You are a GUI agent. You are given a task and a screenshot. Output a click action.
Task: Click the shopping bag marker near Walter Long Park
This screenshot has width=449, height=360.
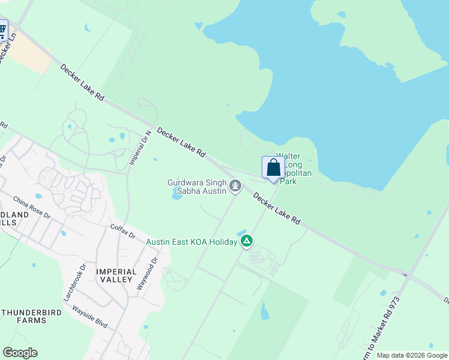[273, 168]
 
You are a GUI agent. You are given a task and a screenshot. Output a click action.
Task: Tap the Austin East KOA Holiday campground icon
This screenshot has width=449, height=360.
[246, 242]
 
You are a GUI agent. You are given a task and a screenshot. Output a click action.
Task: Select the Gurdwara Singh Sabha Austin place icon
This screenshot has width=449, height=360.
[235, 187]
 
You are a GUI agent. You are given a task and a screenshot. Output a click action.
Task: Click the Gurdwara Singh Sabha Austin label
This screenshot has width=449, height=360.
[197, 187]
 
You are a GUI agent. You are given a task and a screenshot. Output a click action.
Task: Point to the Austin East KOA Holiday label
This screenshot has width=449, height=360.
[191, 242]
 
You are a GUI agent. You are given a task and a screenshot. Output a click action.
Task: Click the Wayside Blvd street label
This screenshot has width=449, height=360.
[89, 317]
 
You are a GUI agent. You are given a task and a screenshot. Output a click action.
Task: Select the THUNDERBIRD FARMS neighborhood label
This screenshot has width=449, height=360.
[23, 316]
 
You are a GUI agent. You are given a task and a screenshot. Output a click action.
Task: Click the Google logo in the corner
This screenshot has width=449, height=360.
[20, 353]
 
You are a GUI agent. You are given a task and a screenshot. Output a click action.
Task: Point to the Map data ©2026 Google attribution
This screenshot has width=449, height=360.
[412, 355]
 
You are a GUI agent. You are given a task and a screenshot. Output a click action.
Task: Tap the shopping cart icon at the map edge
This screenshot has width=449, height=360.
[2, 29]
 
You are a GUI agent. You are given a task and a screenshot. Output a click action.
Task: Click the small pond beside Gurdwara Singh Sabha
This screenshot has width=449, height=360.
[177, 193]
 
